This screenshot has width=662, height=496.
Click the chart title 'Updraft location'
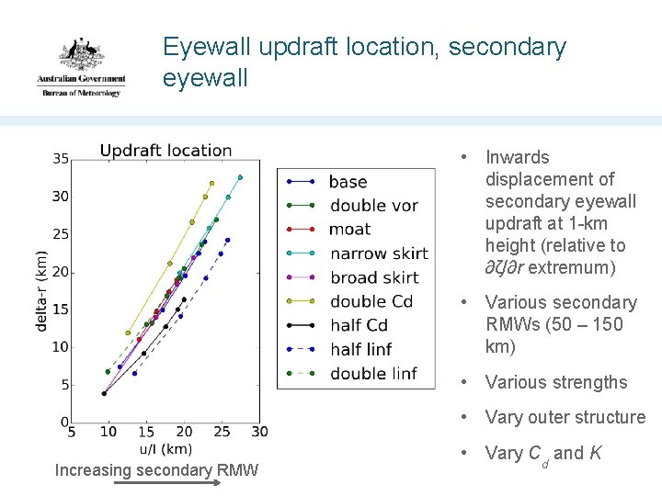165,151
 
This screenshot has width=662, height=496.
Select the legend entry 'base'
348,182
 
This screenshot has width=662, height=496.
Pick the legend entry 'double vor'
373,206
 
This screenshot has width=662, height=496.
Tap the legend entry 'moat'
349,230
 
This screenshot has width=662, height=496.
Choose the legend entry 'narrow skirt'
379,254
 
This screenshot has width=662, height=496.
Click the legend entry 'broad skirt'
373,277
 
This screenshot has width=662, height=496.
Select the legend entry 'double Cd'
371,301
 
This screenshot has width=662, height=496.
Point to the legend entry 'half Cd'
358,325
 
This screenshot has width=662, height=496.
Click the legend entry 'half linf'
360,349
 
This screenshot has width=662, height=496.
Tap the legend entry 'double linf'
372,373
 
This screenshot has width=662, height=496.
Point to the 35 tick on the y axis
60,159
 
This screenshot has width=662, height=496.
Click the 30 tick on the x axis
259,432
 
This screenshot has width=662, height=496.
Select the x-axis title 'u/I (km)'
165,449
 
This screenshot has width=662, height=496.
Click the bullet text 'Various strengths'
555,383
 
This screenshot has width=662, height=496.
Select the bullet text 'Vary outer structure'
565,418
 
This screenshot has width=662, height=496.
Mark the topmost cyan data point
240,177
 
